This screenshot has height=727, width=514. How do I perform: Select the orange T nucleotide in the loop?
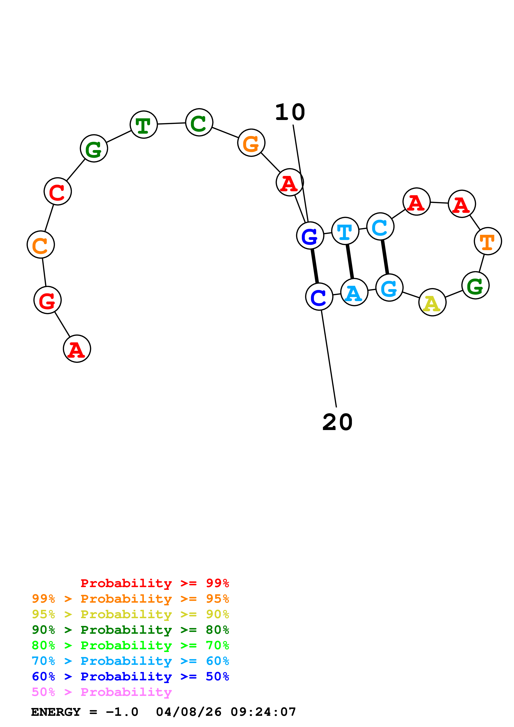(x=488, y=241)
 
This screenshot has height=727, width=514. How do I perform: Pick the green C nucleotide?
(x=199, y=122)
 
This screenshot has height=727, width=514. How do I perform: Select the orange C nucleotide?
(x=41, y=245)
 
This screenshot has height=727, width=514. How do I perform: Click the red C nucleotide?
(x=58, y=191)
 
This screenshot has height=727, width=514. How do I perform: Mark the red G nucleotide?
(x=47, y=300)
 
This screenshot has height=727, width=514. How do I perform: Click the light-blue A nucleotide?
(x=354, y=292)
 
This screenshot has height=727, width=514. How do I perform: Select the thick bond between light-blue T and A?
(x=350, y=261)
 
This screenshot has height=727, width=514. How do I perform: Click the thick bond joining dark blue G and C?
(x=315, y=266)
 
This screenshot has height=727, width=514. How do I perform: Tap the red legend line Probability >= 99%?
(x=154, y=583)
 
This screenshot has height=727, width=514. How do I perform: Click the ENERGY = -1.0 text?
(x=85, y=712)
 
